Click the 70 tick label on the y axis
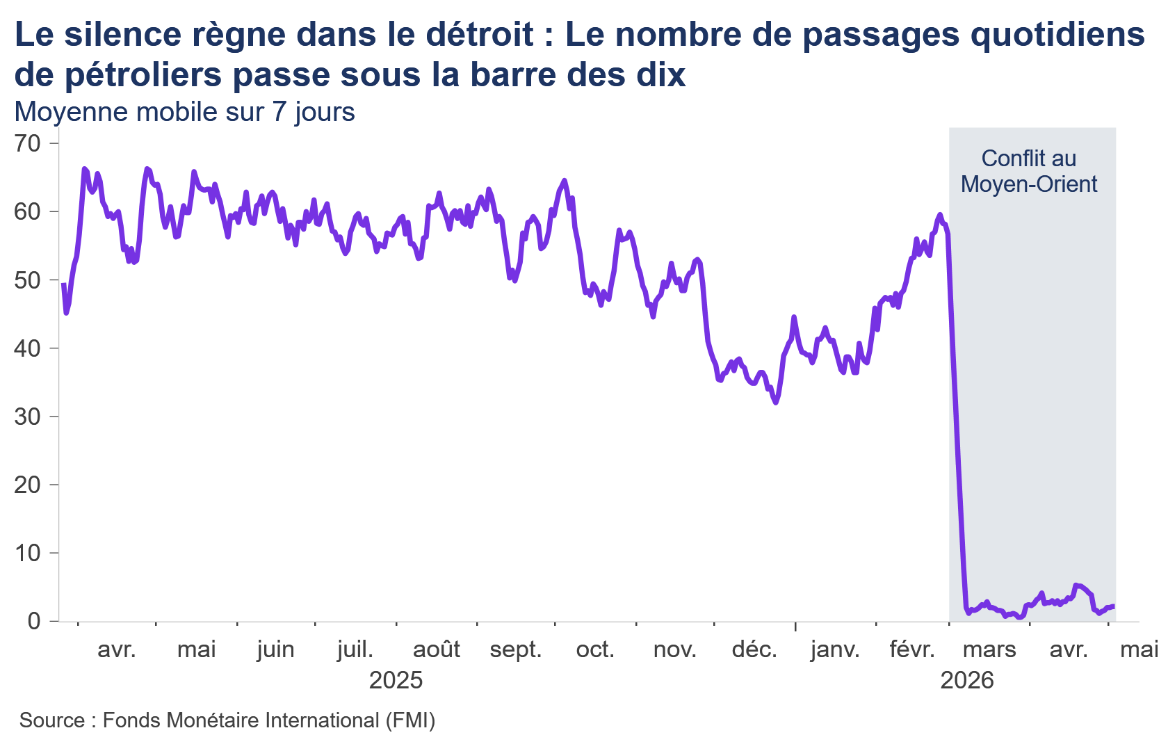click(28, 143)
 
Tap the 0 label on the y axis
click(35, 622)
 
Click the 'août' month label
click(437, 649)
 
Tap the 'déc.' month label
click(754, 649)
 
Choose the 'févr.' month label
click(912, 649)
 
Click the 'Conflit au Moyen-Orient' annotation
click(1029, 171)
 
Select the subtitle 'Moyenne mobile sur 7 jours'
click(185, 112)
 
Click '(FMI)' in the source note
click(410, 720)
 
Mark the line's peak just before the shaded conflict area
click(940, 214)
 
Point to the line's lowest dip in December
click(776, 402)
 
